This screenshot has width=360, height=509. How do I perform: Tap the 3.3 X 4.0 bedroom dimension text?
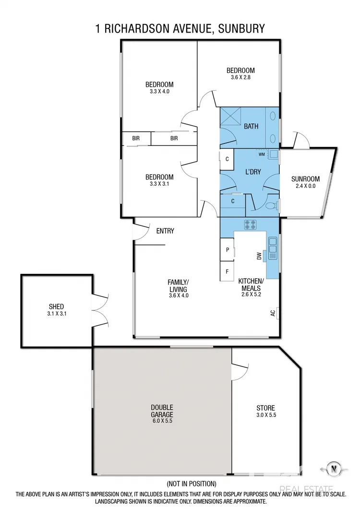point(159,91)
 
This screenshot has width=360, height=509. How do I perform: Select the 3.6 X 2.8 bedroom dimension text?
point(240,77)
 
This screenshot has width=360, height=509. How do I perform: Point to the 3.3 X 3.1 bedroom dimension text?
point(159,183)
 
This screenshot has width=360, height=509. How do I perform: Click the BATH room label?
point(251,127)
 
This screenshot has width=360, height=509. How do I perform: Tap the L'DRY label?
point(252,172)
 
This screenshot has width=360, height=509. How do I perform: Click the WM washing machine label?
point(262,154)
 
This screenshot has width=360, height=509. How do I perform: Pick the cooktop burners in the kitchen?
point(250,223)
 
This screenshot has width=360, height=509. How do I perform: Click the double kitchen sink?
point(273,249)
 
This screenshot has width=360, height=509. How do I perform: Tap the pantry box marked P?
point(227,250)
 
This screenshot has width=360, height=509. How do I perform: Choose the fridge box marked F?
point(227,271)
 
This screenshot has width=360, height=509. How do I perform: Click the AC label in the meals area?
point(273,313)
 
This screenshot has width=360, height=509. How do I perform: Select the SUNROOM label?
point(305,179)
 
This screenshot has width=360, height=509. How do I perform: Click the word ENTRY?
point(165,231)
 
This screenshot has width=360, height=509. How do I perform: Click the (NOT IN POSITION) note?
point(191,483)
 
